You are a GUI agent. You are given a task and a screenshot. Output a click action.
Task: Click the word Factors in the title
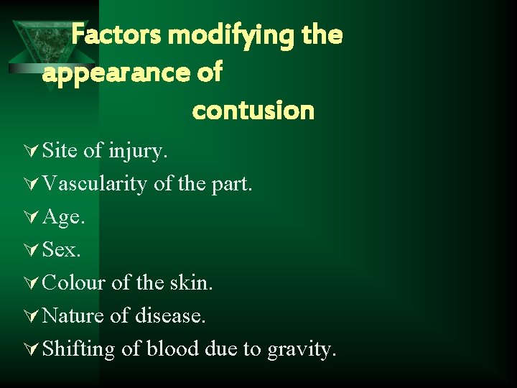coord(111,34)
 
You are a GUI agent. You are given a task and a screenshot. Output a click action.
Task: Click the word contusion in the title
coord(253,111)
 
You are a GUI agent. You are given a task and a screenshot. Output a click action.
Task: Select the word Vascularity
coord(96,184)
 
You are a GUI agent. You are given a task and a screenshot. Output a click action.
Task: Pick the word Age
coord(64,218)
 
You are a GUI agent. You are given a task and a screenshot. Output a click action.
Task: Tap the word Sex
coord(62,249)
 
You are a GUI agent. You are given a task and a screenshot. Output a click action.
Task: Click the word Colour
coord(74,282)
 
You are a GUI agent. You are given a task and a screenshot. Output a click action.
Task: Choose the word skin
coord(192,282)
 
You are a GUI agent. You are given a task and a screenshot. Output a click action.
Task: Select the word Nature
coord(73,315)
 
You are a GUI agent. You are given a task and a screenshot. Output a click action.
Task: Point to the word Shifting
coord(78,350)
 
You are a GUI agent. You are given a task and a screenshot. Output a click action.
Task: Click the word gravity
coord(301,350)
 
